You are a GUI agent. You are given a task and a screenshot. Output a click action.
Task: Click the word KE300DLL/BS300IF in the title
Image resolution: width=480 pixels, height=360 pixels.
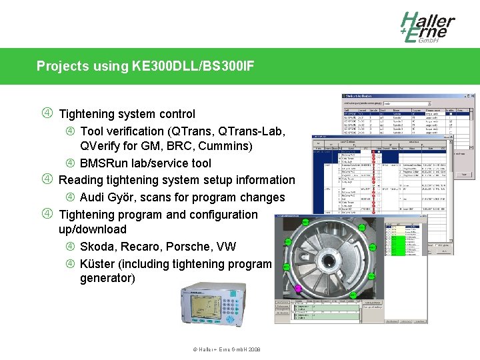193,66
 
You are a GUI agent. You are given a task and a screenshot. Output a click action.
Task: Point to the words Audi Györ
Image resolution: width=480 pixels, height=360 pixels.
108,197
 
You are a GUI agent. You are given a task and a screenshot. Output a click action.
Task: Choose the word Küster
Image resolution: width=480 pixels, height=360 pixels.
97,264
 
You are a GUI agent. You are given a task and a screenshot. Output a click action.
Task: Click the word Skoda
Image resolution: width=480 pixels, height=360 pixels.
97,247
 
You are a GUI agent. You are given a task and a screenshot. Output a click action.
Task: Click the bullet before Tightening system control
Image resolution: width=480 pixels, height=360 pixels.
46,113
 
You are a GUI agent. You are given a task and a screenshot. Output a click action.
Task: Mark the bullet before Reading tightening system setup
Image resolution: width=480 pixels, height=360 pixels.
46,179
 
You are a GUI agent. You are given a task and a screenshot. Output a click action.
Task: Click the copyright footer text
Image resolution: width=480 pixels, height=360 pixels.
226,349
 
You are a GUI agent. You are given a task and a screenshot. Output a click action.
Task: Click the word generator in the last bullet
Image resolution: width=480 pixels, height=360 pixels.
107,278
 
